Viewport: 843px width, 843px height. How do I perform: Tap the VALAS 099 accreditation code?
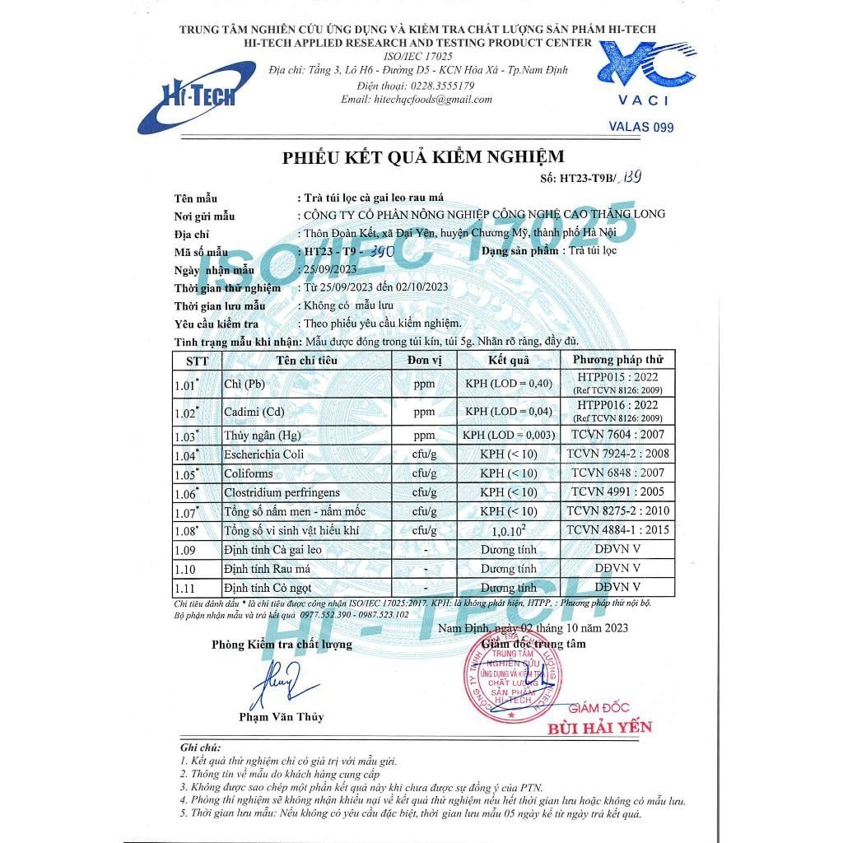[x=641, y=127]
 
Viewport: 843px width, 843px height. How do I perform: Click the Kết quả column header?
[x=508, y=361]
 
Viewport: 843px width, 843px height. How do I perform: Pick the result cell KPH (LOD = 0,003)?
[x=509, y=435]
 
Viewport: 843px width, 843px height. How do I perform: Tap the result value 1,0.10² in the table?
[x=509, y=532]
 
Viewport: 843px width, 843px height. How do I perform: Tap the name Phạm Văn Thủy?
[x=282, y=717]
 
